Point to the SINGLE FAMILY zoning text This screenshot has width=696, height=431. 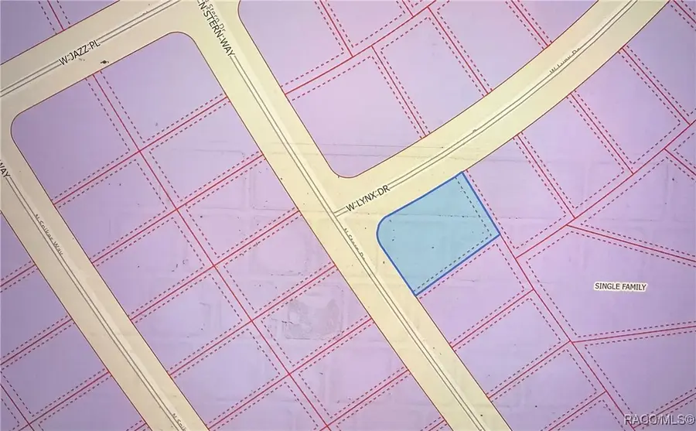coord(620,287)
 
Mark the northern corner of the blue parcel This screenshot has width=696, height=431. coord(463,173)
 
